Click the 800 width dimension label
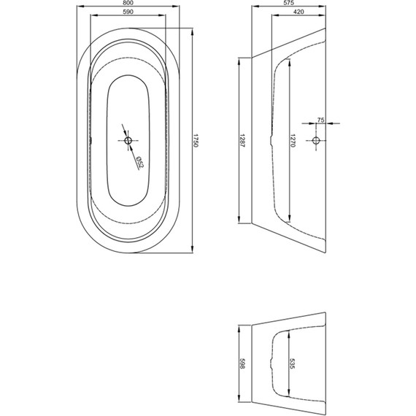[x=128, y=3]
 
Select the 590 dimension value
[x=128, y=12]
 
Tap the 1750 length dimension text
[x=196, y=141]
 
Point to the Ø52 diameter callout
[x=140, y=162]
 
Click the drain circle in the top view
[x=128, y=140]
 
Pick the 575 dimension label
[x=289, y=3]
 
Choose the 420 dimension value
[x=298, y=12]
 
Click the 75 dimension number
[x=320, y=120]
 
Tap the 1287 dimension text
[x=242, y=141]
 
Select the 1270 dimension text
[x=293, y=141]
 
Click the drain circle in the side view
[x=316, y=140]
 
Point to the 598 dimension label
[x=242, y=363]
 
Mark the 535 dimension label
[x=293, y=363]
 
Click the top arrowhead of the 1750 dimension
[x=193, y=31]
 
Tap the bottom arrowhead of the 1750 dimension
[x=193, y=250]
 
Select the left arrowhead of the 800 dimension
[x=80, y=7]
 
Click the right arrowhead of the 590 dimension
[x=162, y=15]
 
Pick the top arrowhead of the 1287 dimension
[x=239, y=61]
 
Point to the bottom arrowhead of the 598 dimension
[x=239, y=407]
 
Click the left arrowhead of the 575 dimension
[x=255, y=7]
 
